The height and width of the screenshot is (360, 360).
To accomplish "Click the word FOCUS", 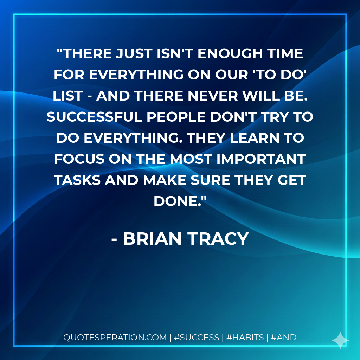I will point(79,159).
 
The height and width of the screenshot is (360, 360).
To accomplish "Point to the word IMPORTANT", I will point(260,159).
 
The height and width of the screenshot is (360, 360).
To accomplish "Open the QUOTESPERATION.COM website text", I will point(115,337).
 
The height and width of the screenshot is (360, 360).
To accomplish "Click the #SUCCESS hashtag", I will point(197,337).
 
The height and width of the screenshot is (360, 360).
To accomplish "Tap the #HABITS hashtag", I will point(245,337).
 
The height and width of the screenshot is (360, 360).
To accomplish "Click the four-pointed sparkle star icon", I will point(340,340).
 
